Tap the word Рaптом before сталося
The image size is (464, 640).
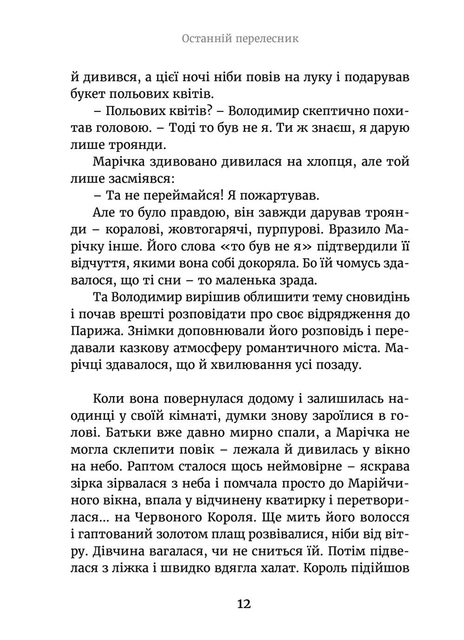click(x=150, y=466)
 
